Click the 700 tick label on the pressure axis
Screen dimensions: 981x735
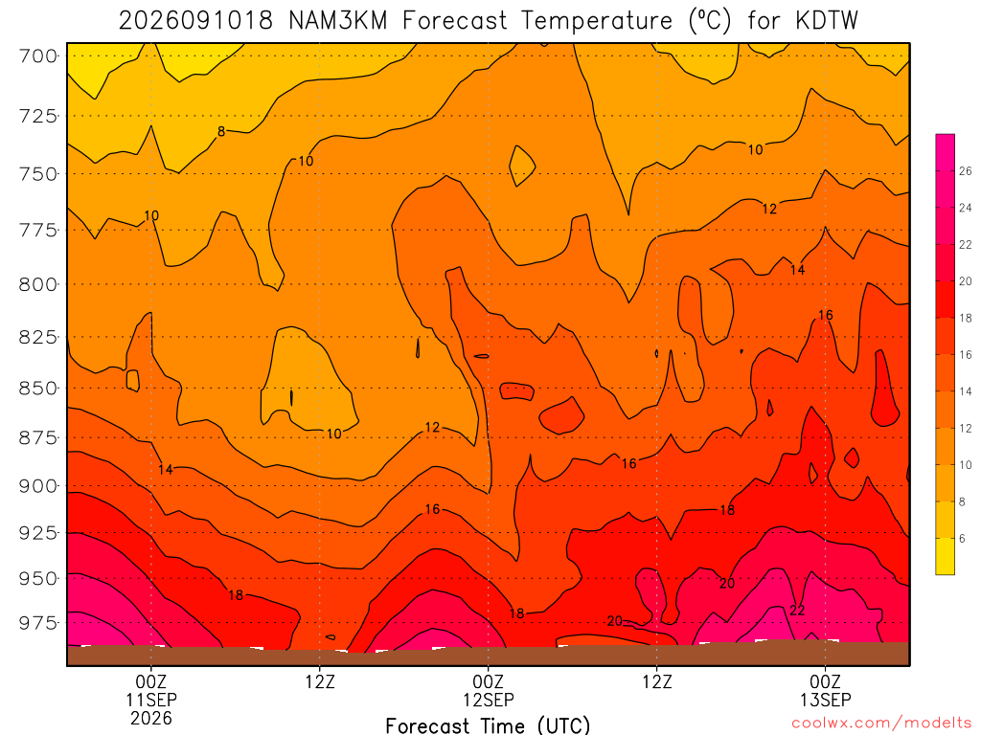point(37,56)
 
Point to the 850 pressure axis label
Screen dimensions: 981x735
point(37,389)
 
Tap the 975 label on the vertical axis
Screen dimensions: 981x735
point(37,623)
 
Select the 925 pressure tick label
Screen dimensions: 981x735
point(37,533)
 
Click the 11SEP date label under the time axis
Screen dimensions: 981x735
point(151,700)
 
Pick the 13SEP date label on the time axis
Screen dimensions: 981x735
point(825,700)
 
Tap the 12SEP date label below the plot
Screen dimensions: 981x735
point(488,700)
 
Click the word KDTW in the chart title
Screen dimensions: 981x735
point(827,21)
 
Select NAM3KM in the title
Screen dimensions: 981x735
point(338,21)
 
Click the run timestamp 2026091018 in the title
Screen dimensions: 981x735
point(195,21)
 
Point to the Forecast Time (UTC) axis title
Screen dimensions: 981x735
point(488,725)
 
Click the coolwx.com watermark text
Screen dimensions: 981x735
point(881,724)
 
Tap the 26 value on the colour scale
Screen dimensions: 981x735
point(966,170)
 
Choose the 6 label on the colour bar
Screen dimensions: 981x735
point(962,538)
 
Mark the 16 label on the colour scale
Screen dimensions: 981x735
point(966,354)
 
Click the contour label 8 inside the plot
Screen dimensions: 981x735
point(221,131)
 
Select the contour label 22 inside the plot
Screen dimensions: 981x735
point(797,610)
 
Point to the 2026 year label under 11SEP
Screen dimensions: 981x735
point(151,718)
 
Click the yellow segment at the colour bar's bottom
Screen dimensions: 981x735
point(946,556)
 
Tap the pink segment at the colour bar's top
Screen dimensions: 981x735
point(946,152)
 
